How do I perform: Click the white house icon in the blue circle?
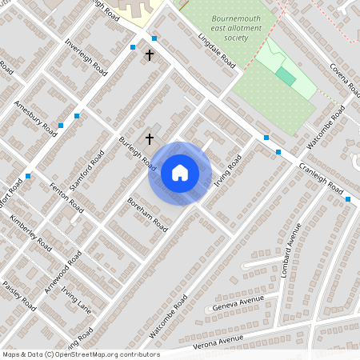[180, 173]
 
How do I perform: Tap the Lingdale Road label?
[217, 50]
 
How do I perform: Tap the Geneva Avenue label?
[238, 303]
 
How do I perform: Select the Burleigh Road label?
[137, 151]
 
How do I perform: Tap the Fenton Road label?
[66, 196]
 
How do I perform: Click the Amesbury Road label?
[35, 117]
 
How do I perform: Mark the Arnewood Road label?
[63, 272]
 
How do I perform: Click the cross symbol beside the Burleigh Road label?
[149, 139]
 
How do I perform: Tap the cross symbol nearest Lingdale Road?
[150, 55]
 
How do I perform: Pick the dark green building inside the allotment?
[286, 77]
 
